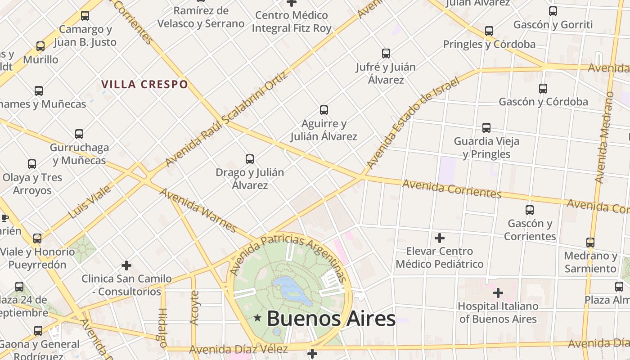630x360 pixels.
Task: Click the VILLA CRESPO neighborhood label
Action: pos(144,84)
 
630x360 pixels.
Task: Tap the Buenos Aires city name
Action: pos(331,319)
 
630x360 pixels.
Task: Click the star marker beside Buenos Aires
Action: pos(257,318)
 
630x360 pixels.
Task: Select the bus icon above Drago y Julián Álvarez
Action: pos(249,159)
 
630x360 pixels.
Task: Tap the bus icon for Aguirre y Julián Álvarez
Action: pos(324,110)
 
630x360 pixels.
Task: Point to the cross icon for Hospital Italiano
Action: pos(498,293)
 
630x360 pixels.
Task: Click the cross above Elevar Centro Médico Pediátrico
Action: pos(439,238)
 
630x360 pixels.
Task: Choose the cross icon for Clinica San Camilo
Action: pos(126,265)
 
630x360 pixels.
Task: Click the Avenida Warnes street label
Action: pos(198,210)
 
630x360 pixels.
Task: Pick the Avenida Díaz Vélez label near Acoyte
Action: pos(238,349)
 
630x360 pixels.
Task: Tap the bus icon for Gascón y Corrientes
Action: pos(530,210)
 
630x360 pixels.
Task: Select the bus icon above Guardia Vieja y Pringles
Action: pos(486,128)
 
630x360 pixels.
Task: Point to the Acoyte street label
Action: pos(194,308)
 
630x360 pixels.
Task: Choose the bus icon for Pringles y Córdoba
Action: pos(489,31)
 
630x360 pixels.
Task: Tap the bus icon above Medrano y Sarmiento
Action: pos(590,243)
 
